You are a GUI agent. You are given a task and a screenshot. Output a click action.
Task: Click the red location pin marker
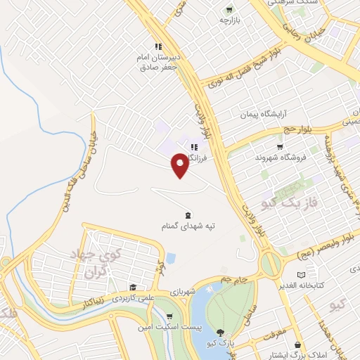coord(180,165)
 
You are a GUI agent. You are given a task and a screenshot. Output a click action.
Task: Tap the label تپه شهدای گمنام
coord(188,226)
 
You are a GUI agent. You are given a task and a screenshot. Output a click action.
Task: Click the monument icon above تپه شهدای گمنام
coord(188,214)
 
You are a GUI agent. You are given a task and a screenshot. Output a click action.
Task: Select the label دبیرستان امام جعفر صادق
coord(159,63)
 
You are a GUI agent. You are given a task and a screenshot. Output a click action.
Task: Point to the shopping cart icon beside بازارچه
coord(229,10)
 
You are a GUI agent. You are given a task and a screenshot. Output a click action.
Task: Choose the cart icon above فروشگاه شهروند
coord(281,147)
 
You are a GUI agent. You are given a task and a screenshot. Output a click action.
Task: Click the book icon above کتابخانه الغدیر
coord(302,275)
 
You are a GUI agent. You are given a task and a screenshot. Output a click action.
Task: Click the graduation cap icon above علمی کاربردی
coord(132,288)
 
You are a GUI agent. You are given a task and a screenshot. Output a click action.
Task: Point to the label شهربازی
coord(183,291)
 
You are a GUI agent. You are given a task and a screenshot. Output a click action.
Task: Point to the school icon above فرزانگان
coord(194,146)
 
